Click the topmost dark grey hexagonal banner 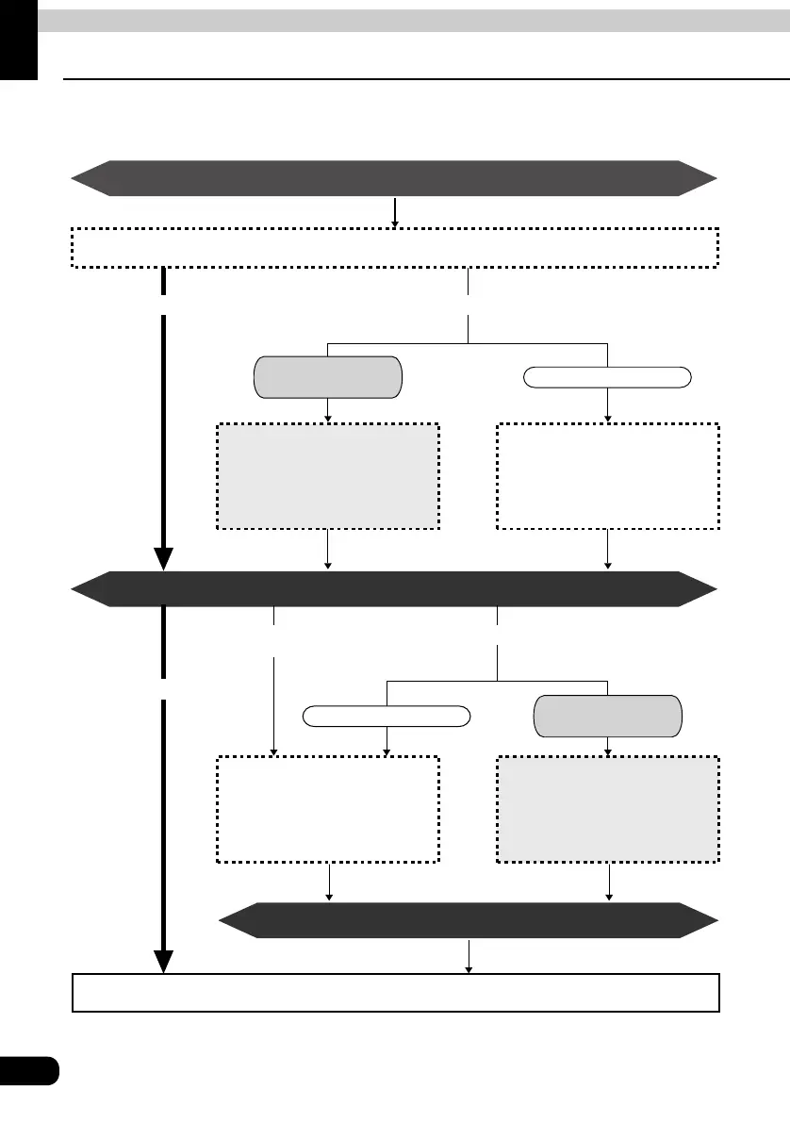pos(394,178)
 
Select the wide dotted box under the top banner pos(394,247)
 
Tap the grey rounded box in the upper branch pos(327,377)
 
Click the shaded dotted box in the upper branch pos(327,476)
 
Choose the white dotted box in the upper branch pos(607,476)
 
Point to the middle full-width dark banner pos(394,588)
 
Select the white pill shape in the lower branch pos(387,718)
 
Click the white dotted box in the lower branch pos(327,808)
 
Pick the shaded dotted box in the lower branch pos(607,808)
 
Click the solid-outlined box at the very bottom pos(396,992)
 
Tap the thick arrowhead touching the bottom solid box pos(164,960)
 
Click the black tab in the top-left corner pos(18,38)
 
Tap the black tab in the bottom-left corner pos(28,1072)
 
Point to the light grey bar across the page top pos(413,21)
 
